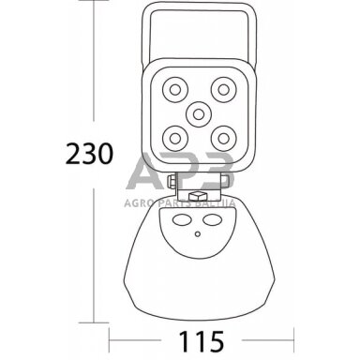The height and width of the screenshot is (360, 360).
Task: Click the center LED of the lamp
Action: (x=198, y=112)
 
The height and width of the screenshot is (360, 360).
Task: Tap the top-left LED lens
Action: (x=174, y=89)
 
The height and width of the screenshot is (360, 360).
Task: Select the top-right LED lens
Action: (x=221, y=89)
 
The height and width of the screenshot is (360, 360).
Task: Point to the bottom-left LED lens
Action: (x=174, y=136)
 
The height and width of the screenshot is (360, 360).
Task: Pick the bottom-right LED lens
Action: (x=221, y=136)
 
